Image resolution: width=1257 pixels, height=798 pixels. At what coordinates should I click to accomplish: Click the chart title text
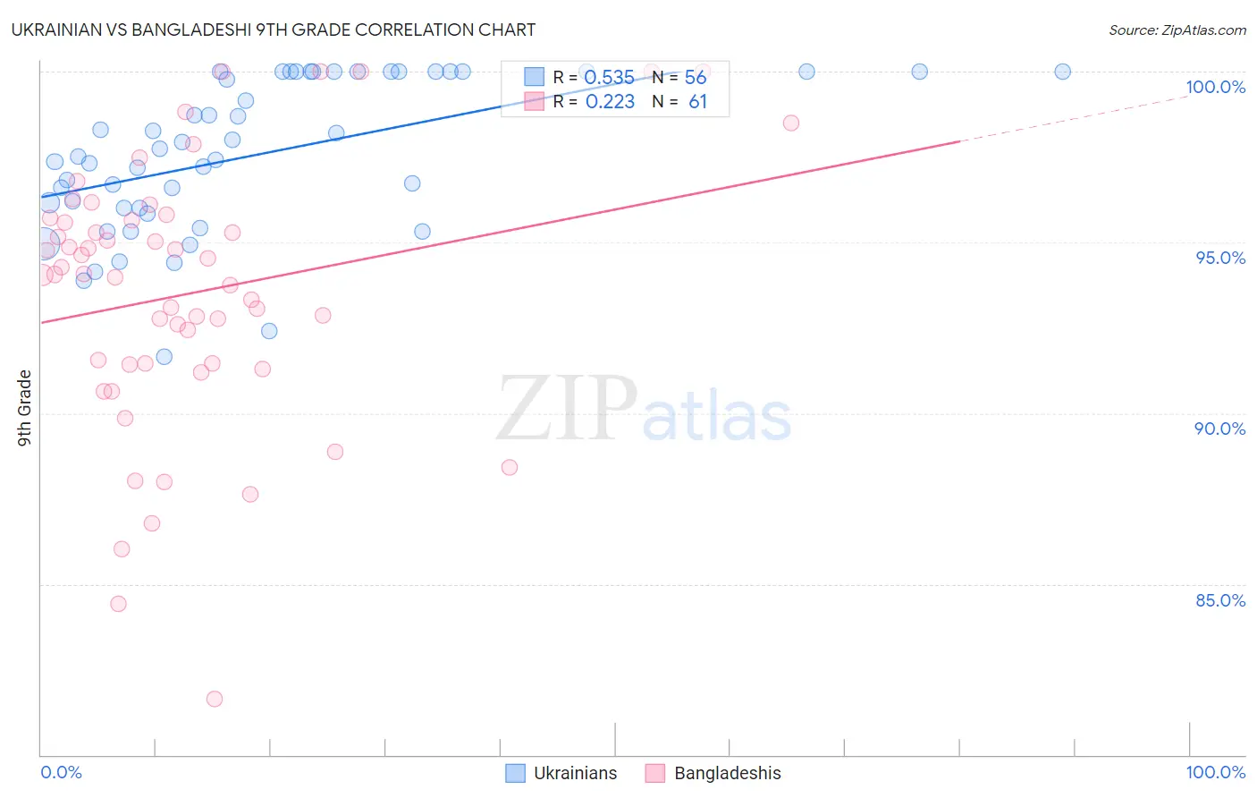[274, 30]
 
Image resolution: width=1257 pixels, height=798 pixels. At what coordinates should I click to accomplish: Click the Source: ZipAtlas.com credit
[1177, 30]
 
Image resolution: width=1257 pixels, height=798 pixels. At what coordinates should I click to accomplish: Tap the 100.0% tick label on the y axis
[1215, 87]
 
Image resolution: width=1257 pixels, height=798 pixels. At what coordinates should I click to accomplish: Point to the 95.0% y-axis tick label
[1220, 258]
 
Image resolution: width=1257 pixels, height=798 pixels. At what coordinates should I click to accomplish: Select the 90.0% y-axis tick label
[1219, 429]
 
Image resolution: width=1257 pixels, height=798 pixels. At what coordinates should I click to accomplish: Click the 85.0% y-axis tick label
[1220, 600]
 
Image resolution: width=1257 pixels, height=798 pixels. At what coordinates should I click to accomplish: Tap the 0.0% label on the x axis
[61, 772]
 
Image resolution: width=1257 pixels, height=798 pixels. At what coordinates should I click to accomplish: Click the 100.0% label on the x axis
[1215, 772]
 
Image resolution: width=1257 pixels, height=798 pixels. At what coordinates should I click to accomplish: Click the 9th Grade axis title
[24, 407]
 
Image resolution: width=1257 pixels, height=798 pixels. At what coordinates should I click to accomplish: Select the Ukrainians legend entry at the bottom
[561, 773]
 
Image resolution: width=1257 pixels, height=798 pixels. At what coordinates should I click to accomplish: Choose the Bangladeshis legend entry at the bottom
[713, 773]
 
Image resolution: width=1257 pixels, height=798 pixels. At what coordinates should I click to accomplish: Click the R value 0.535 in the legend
[609, 78]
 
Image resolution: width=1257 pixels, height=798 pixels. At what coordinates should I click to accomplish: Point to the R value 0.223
[610, 102]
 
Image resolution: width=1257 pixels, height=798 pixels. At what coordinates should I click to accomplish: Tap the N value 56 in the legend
[696, 78]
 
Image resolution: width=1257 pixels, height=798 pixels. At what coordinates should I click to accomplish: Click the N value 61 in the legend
[697, 102]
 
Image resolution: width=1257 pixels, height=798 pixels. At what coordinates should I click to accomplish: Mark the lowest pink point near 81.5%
[215, 699]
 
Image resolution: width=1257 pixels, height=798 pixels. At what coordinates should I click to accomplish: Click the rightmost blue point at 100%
[1062, 72]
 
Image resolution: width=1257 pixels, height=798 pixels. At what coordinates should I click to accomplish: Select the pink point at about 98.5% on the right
[790, 123]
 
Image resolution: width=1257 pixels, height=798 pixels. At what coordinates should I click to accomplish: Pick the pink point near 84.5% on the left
[118, 604]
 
